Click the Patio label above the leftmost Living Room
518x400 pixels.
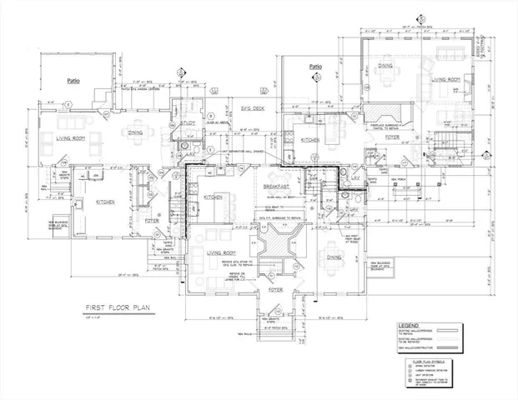[x=74, y=81]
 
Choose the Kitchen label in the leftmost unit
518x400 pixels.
[x=105, y=202]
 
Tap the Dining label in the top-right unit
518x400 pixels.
[x=385, y=64]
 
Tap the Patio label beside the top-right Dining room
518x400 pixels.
[x=315, y=67]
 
